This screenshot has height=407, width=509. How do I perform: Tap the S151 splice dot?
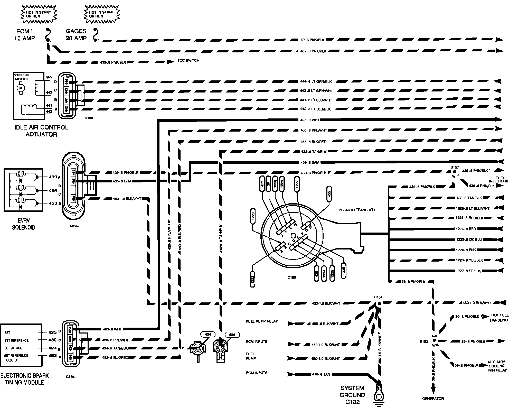click(379, 303)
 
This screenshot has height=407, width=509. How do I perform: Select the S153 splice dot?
click(434, 340)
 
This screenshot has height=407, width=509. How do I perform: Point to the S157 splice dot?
click(454, 171)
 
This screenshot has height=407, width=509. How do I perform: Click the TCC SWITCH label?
click(188, 61)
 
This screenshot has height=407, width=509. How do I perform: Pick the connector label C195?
click(74, 226)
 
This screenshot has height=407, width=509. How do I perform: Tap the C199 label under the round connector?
click(292, 277)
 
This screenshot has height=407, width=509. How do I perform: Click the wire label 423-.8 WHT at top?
click(310, 120)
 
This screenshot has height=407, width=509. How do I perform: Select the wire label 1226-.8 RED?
click(466, 229)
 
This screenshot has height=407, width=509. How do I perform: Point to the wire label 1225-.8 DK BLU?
click(469, 239)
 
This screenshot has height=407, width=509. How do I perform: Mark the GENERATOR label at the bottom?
click(433, 399)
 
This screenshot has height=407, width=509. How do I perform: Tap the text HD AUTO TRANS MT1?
click(357, 210)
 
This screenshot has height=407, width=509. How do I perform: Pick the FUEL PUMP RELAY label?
click(262, 321)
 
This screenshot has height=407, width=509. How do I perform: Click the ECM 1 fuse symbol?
click(48, 35)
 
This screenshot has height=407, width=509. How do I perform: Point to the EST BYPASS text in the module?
click(13, 348)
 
